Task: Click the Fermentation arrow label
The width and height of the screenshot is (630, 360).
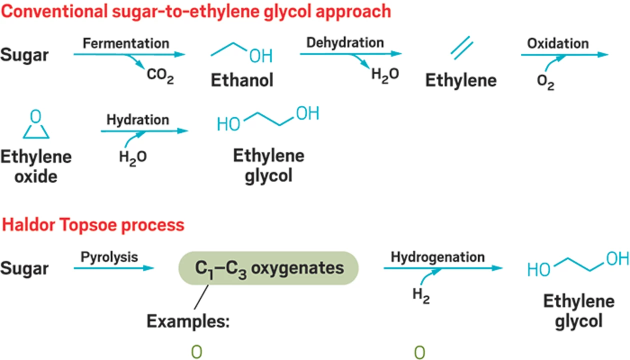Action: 126,43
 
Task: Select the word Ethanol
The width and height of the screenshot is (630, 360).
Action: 242,80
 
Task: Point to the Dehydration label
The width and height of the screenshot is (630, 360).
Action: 345,42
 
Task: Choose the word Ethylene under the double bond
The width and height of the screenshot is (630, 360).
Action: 461,80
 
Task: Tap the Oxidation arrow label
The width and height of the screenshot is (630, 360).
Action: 557,43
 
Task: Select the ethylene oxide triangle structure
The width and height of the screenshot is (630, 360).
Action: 35,126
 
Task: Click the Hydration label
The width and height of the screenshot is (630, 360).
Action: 137,120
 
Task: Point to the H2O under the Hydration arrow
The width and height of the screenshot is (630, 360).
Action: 132,158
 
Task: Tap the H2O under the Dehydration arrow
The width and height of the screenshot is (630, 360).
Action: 385,75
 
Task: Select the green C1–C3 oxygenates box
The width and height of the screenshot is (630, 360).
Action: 269,268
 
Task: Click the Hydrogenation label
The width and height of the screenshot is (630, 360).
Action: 437,257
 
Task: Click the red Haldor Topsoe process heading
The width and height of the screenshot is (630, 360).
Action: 93,225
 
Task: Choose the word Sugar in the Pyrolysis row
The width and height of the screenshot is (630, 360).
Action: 24,268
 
